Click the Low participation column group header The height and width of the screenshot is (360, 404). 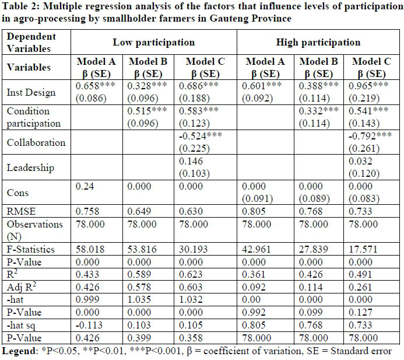click(153, 43)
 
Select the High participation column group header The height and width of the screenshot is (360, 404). click(319, 43)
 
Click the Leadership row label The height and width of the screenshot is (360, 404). click(30, 168)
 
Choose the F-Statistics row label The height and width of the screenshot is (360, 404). click(30, 249)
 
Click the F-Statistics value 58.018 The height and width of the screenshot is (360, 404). click(92, 249)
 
